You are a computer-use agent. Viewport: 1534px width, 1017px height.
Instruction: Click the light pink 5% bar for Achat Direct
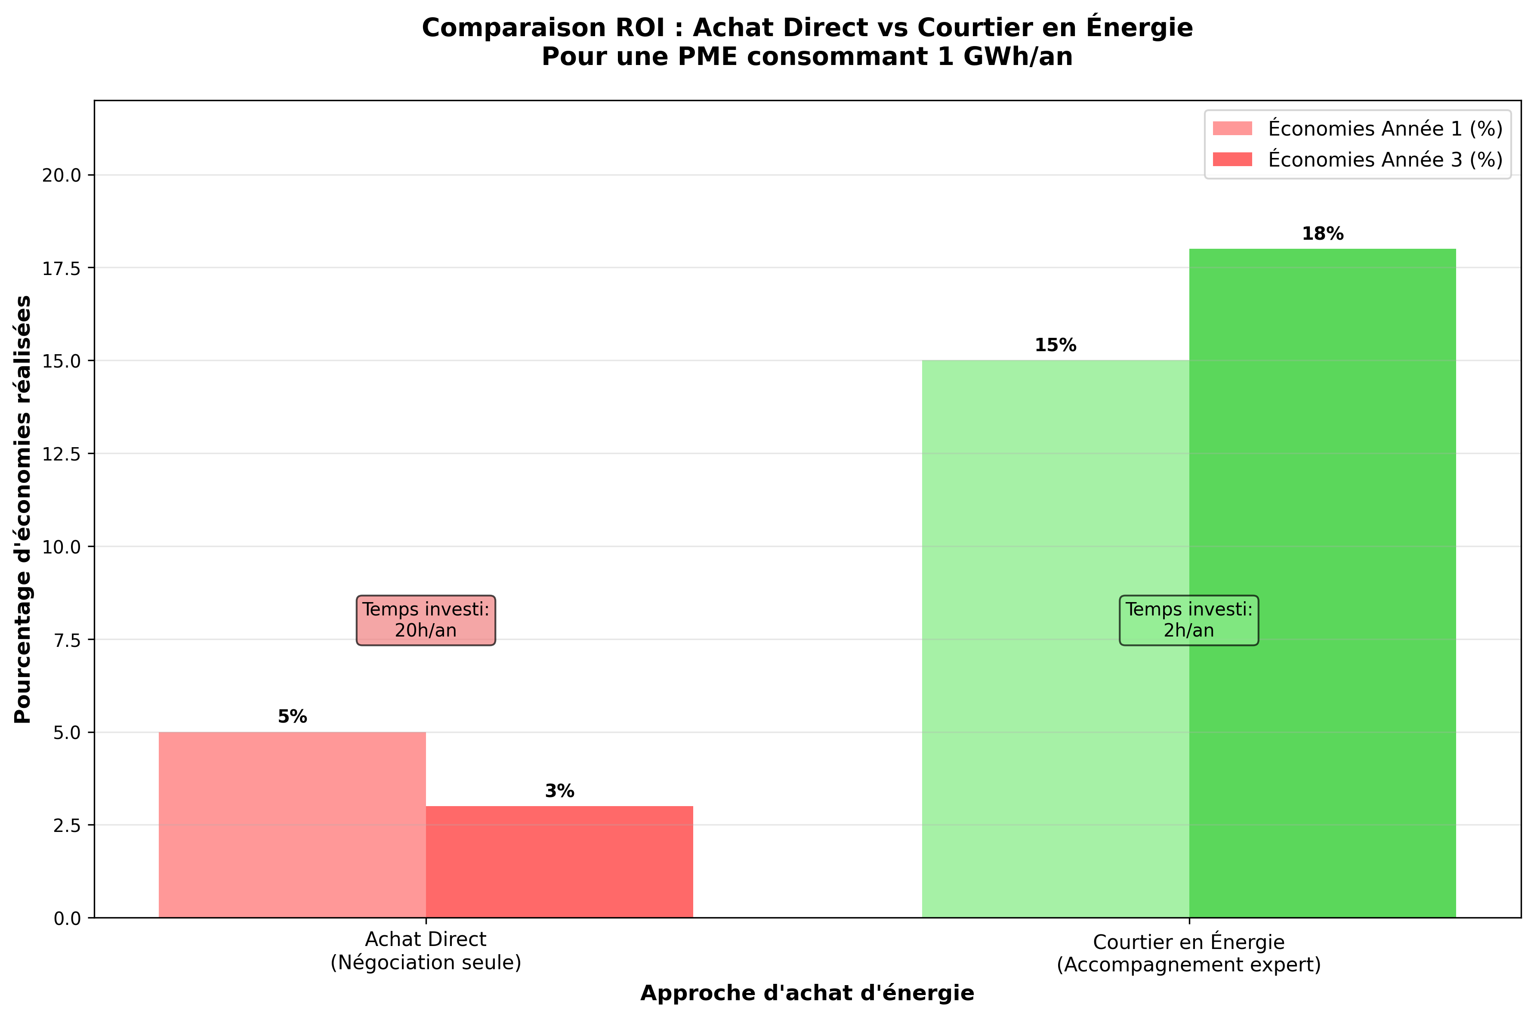tap(292, 824)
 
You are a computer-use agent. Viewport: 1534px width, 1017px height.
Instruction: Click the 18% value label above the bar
tap(1323, 234)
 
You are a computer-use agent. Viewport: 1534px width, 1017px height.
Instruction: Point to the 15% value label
tap(1055, 346)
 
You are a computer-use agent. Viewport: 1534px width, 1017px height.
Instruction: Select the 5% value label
tap(292, 717)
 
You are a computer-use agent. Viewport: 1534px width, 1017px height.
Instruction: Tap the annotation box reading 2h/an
tap(1188, 620)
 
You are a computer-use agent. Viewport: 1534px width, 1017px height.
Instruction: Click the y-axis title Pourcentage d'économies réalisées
tap(23, 509)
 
